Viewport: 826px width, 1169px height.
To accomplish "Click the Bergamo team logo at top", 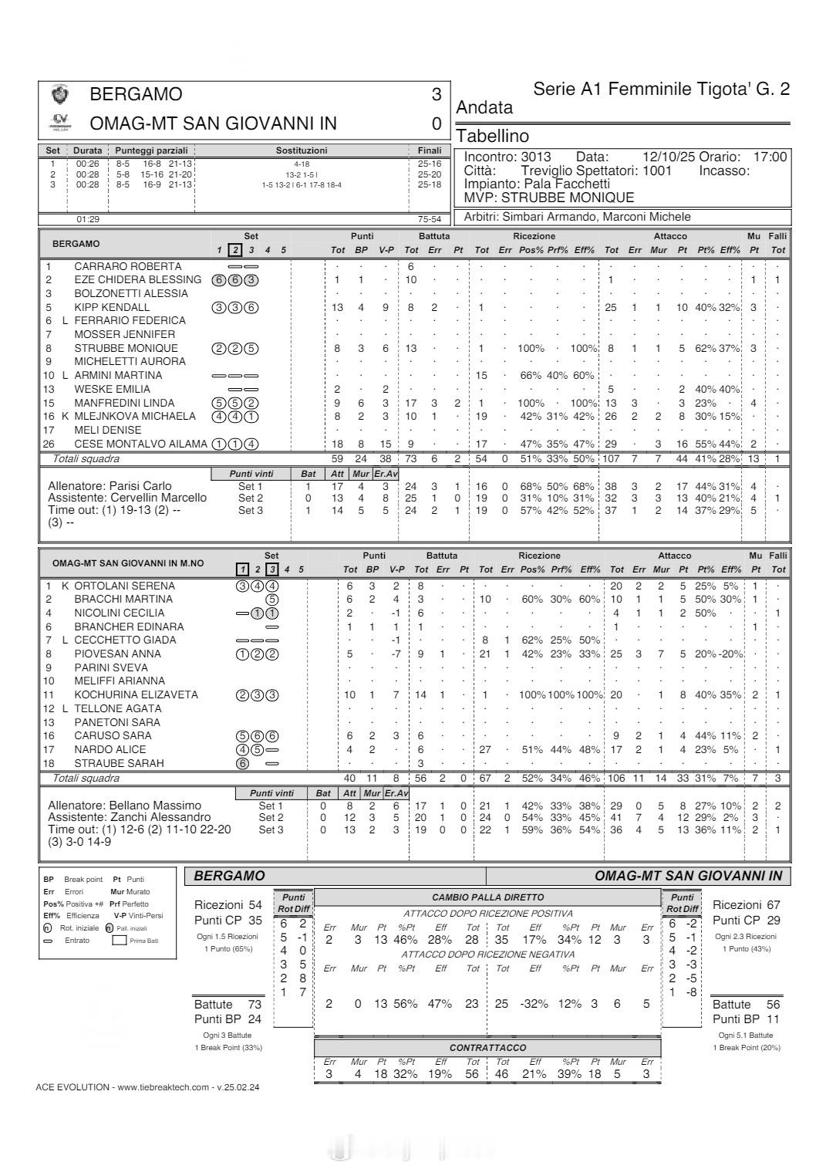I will pos(59,94).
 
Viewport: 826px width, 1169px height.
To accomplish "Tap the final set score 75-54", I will pos(429,219).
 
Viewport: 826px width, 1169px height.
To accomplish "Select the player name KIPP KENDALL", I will pos(112,307).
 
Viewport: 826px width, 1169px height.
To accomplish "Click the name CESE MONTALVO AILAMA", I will pos(140,444).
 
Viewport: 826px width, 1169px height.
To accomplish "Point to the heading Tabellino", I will pos(493,137).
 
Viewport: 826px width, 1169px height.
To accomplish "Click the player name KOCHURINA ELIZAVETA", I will pos(136,694).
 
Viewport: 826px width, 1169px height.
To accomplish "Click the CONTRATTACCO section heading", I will pos(487,1047).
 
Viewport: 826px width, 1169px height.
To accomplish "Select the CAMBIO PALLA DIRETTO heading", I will pos(487,897).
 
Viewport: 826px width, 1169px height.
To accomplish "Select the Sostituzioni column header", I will pos(301,150).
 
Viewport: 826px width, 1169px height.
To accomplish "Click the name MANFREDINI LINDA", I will pos(124,403).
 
